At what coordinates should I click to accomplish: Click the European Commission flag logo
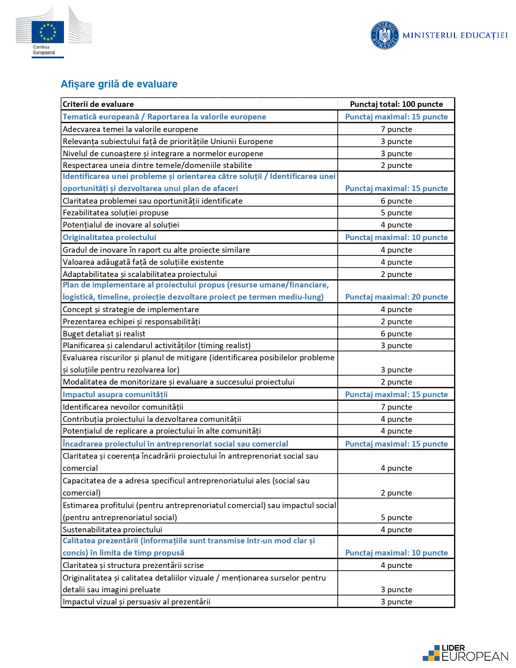[48, 32]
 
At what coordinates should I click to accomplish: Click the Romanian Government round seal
[384, 35]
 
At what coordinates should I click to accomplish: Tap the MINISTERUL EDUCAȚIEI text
[455, 36]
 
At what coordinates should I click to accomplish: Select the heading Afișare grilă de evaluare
[119, 84]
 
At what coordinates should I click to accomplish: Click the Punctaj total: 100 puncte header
[396, 104]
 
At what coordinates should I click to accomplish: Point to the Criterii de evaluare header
[98, 104]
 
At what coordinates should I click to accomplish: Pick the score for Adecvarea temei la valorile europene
[396, 129]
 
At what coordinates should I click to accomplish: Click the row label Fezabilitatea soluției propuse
[116, 213]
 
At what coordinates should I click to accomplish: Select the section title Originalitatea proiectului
[109, 237]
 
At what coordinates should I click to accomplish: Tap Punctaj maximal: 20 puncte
[396, 297]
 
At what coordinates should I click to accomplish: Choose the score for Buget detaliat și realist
[396, 334]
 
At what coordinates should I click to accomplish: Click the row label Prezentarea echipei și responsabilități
[132, 321]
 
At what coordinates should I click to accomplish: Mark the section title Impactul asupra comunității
[115, 394]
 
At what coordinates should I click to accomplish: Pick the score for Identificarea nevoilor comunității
[396, 407]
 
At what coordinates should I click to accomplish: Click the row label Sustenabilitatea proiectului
[113, 530]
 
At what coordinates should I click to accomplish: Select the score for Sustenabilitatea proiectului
[396, 530]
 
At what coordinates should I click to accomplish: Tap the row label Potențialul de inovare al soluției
[121, 225]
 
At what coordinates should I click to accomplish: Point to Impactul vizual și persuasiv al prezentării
[136, 602]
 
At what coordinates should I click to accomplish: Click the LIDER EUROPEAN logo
[465, 653]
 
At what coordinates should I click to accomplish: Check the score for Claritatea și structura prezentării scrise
[396, 565]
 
